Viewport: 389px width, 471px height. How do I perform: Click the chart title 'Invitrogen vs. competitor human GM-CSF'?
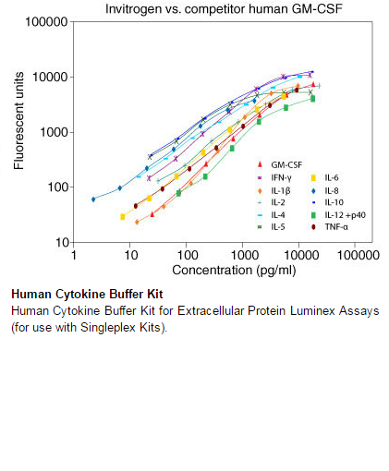coord(224,8)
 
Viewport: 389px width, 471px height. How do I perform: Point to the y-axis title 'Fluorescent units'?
coord(18,121)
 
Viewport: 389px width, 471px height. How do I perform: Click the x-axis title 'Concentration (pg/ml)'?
coord(234,270)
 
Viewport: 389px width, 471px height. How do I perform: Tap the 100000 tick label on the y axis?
coord(46,22)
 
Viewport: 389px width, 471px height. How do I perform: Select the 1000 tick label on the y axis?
coord(55,132)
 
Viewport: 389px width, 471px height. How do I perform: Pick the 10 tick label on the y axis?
coord(62,243)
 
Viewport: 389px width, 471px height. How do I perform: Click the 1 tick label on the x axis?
coord(74,255)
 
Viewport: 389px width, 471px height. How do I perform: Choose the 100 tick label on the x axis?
coord(188,255)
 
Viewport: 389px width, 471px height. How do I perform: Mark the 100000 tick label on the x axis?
coord(359,255)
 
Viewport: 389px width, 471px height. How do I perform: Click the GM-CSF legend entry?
coord(280,164)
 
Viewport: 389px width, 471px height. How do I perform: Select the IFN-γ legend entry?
coord(274,177)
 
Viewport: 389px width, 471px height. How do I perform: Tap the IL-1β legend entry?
coord(274,191)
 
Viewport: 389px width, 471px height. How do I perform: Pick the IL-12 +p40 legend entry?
coord(338,215)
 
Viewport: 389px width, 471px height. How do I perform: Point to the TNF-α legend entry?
coord(329,227)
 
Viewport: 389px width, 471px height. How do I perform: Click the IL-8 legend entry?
coord(324,191)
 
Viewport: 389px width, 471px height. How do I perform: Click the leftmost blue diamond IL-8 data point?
coord(93,199)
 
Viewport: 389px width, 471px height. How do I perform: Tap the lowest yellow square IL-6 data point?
coord(123,217)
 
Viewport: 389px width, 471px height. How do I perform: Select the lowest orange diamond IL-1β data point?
coord(137,222)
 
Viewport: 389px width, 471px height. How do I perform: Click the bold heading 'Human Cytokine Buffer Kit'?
coord(87,294)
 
